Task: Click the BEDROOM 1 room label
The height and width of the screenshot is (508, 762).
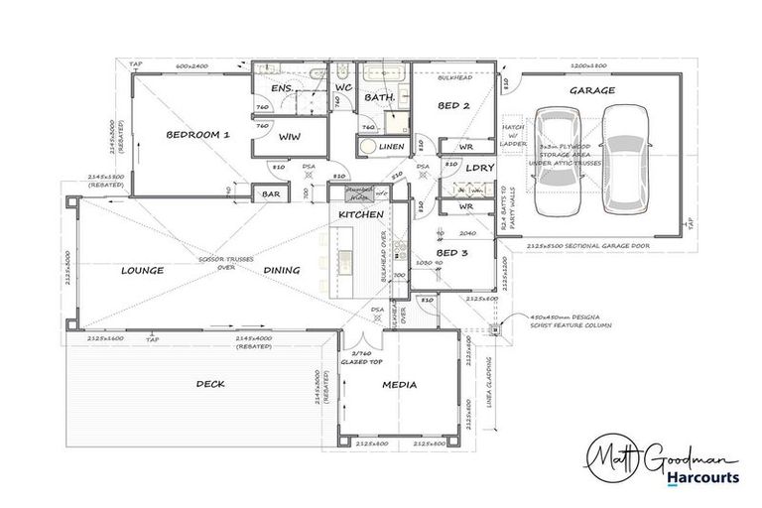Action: (x=197, y=135)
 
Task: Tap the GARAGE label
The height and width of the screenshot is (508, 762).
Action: (x=591, y=90)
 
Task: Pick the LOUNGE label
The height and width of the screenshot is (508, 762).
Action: (x=142, y=270)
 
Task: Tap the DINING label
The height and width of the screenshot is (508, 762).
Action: (x=282, y=270)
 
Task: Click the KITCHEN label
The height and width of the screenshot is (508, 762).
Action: (x=360, y=214)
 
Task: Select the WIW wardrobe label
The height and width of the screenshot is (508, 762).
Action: (x=289, y=136)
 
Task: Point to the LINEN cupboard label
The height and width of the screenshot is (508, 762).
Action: (x=391, y=147)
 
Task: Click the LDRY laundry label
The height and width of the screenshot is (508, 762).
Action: (x=479, y=168)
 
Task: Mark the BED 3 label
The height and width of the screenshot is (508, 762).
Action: (x=451, y=254)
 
